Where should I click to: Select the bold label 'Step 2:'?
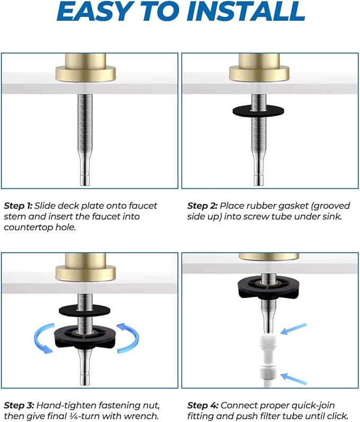click(x=203, y=205)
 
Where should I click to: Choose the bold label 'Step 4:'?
click(x=203, y=406)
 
